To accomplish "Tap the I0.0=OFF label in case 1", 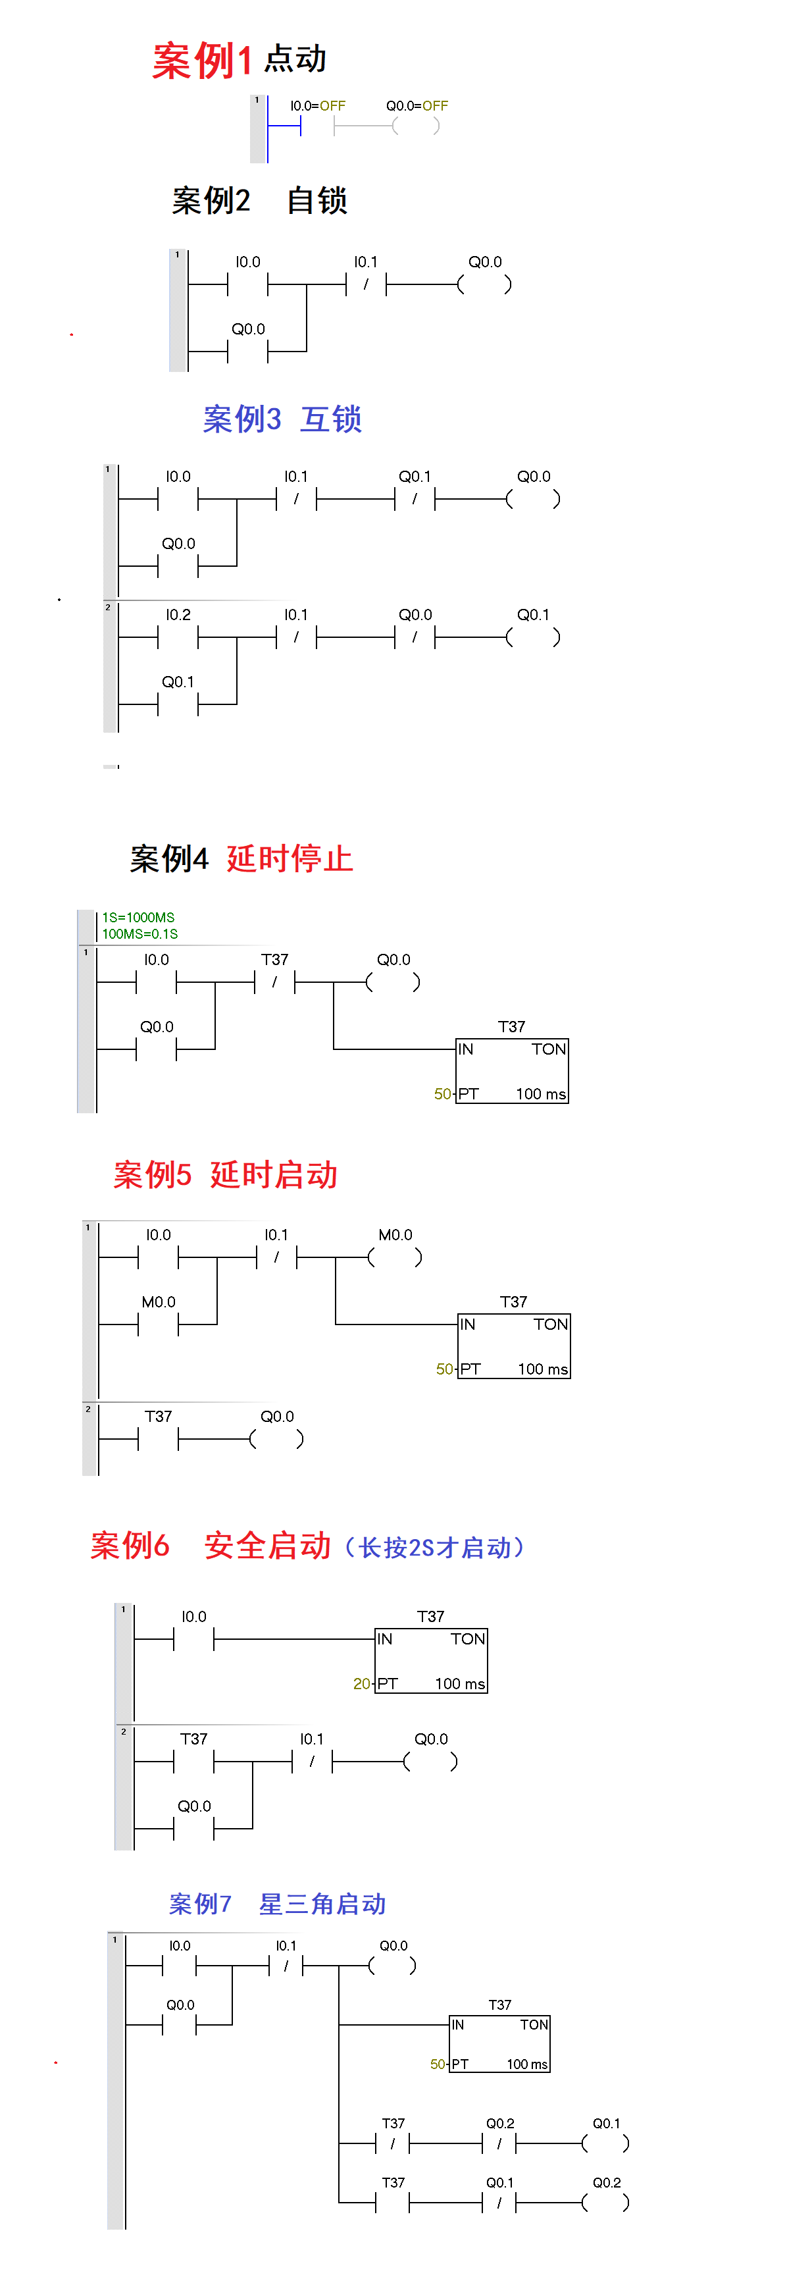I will (x=318, y=106).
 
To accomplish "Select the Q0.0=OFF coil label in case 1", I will (x=417, y=106).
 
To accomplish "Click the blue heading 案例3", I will (x=241, y=419).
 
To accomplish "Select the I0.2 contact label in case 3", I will (x=178, y=615).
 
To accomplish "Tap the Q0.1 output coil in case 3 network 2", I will (x=533, y=637).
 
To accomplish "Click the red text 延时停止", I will (x=290, y=858).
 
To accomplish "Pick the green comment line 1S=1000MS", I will (x=138, y=918).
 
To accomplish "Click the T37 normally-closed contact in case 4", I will (x=274, y=982).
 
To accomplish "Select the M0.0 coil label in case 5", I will (x=395, y=1234).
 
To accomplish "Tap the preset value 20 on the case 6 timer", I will (x=361, y=1683).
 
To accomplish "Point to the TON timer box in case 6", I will (x=432, y=1660).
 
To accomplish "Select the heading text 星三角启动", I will (x=322, y=1904).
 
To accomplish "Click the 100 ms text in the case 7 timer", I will (x=526, y=2064).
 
